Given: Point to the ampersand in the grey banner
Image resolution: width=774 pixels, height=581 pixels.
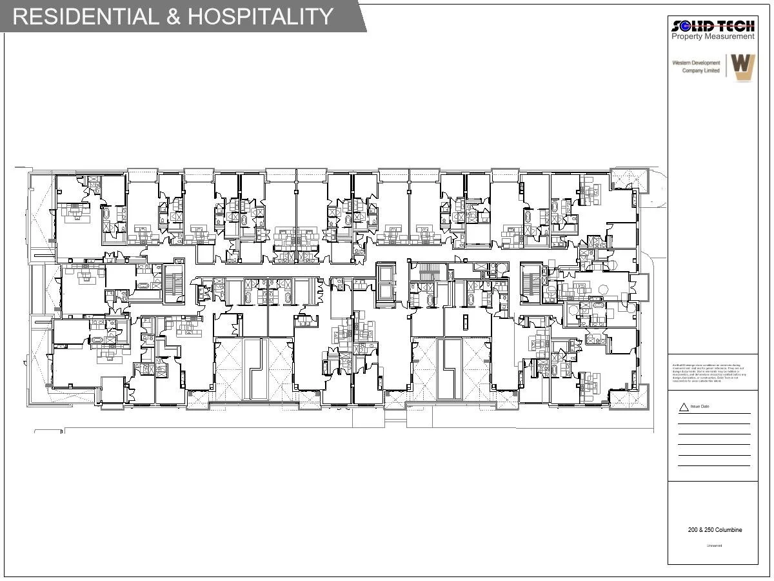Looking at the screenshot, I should click(174, 16).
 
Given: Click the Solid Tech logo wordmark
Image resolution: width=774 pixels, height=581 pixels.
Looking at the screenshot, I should click(713, 26).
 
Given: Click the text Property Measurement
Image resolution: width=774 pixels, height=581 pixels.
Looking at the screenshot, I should click(713, 37).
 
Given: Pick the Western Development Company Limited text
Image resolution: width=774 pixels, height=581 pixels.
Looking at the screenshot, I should click(696, 66).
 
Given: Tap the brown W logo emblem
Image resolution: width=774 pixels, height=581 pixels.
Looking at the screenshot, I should click(742, 66).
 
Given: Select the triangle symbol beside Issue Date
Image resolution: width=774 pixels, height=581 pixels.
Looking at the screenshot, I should click(684, 407).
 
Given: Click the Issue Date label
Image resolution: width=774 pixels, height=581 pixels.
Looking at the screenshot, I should click(700, 407).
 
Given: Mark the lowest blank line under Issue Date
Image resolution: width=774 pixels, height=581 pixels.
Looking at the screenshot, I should click(713, 465).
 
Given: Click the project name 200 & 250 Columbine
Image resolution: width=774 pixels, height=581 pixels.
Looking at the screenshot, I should click(715, 530).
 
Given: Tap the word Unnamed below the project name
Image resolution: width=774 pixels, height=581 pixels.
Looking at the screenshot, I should click(714, 546).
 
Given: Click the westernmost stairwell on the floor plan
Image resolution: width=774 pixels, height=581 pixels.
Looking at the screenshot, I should click(174, 283).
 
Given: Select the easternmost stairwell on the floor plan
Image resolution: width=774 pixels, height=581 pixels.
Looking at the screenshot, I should click(530, 282).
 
